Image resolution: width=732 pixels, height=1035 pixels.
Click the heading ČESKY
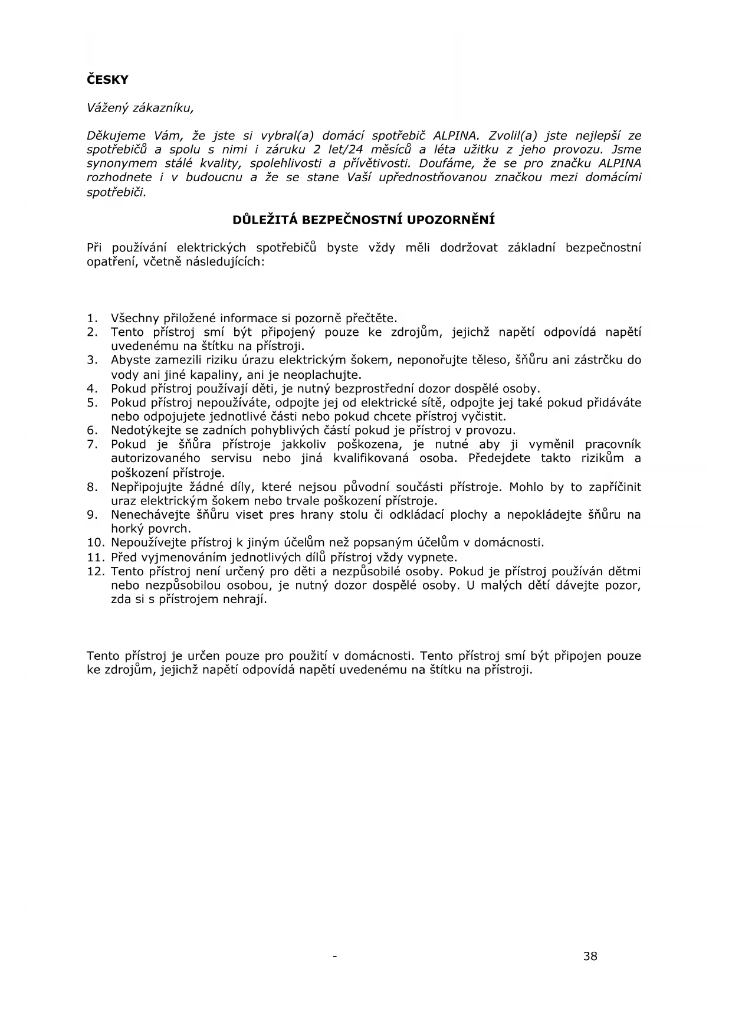(107, 80)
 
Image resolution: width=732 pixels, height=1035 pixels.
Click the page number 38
(590, 957)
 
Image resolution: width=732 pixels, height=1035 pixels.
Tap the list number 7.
(91, 444)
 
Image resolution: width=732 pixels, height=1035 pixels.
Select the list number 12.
(95, 571)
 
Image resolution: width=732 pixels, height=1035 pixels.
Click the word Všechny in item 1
(134, 319)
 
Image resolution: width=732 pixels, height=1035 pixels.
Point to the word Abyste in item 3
(130, 360)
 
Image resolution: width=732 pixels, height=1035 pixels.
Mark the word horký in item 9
(127, 529)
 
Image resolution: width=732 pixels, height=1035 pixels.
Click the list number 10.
(95, 543)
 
